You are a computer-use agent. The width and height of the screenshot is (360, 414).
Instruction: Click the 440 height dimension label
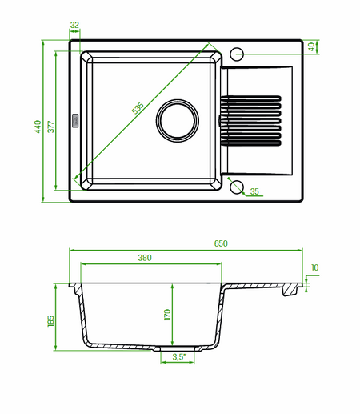click(x=38, y=127)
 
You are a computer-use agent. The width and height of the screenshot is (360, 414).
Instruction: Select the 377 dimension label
click(x=50, y=127)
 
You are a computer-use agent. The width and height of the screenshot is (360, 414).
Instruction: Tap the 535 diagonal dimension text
click(x=138, y=108)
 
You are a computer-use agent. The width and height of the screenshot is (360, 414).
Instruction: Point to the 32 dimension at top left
click(x=74, y=25)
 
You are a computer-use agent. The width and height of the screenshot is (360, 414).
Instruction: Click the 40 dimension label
click(x=311, y=47)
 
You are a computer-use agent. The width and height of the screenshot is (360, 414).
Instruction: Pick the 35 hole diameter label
click(x=254, y=191)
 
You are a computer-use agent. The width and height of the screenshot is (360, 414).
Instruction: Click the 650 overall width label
click(x=221, y=243)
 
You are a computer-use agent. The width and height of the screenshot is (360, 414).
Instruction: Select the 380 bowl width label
click(x=145, y=258)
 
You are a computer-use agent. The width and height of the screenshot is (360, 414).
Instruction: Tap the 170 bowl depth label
click(x=167, y=315)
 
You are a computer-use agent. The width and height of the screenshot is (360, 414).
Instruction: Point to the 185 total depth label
click(x=50, y=321)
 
